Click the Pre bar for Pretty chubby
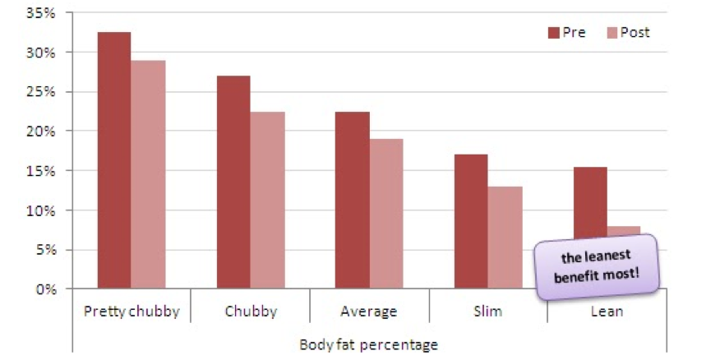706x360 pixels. (x=114, y=160)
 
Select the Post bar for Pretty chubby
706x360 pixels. (x=148, y=174)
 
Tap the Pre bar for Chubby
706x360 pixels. (x=233, y=182)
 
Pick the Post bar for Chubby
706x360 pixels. (x=267, y=200)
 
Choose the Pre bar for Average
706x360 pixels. (x=352, y=200)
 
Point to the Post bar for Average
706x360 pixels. (x=386, y=214)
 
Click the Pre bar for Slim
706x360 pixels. (x=471, y=221)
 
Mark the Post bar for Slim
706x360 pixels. (x=505, y=238)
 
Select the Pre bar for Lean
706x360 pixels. (x=590, y=202)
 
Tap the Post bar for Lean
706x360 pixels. (x=624, y=231)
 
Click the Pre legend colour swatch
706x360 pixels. (x=553, y=32)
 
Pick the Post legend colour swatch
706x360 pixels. (x=612, y=32)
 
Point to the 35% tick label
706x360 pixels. (x=40, y=12)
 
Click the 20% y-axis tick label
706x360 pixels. (x=40, y=132)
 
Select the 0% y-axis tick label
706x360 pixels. (x=46, y=288)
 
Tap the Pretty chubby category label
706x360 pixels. (x=132, y=312)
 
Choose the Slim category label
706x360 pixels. (x=487, y=311)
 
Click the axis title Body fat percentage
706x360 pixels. (x=369, y=345)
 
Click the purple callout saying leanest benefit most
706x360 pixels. (x=597, y=267)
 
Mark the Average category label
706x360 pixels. (x=369, y=312)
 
